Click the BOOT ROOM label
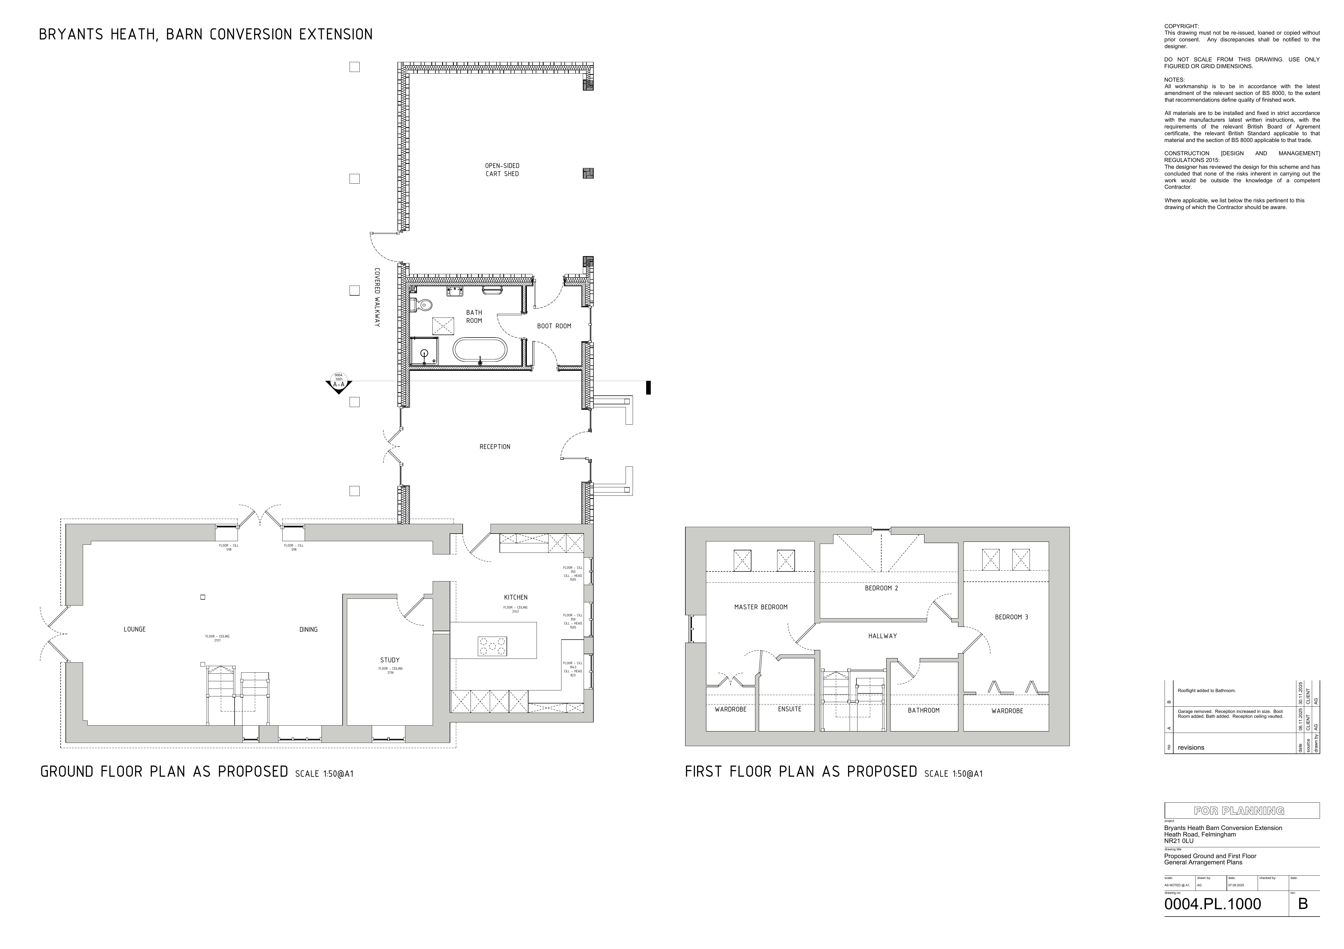coord(554,326)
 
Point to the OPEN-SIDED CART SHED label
coord(502,170)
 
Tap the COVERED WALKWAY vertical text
coord(377,297)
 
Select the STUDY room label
coord(390,660)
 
